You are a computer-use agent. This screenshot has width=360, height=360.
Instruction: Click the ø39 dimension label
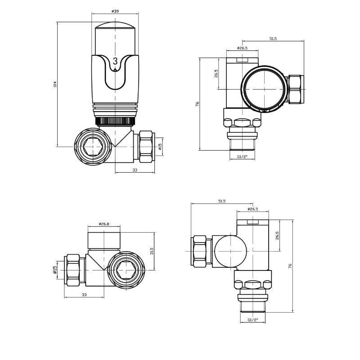tap(115, 11)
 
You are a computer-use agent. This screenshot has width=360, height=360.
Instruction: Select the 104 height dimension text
tap(55, 84)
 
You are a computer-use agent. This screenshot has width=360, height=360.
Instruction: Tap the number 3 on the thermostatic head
tap(115, 61)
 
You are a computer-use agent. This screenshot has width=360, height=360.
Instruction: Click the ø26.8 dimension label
tap(104, 224)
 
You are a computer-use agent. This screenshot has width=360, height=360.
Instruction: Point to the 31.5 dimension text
tap(152, 251)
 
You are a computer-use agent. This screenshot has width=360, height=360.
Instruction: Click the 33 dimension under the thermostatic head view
tap(135, 170)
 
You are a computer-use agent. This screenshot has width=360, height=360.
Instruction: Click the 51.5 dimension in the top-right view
tap(273, 39)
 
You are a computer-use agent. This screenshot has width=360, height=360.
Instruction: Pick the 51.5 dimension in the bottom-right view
tap(221, 201)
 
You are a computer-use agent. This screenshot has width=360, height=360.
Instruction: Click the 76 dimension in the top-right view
tap(197, 104)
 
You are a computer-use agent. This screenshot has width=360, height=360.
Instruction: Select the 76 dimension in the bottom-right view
tap(290, 266)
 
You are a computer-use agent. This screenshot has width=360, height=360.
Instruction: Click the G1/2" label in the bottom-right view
tap(253, 320)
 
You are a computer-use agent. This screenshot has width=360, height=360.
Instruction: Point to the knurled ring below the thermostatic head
tap(115, 121)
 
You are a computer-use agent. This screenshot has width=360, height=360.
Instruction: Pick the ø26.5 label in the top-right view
tap(242, 48)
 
